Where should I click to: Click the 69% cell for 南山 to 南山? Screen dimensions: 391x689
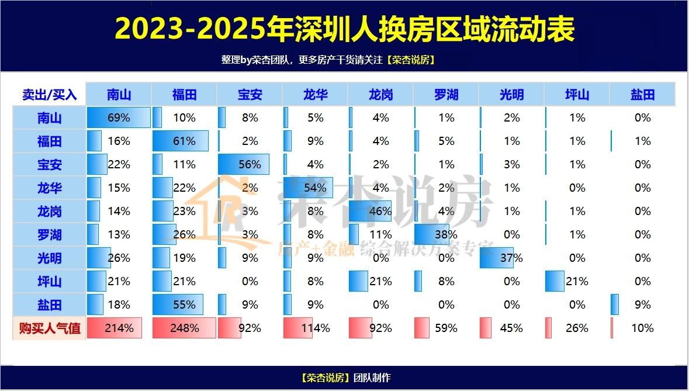click(x=119, y=117)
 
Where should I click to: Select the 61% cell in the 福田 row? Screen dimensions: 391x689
click(x=184, y=141)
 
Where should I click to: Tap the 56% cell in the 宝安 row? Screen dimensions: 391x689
click(x=250, y=164)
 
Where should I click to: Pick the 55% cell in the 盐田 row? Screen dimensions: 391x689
click(x=184, y=305)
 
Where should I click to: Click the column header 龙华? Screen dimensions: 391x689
click(x=315, y=94)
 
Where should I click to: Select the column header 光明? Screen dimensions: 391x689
click(x=511, y=94)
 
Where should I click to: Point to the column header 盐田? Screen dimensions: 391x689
click(x=642, y=94)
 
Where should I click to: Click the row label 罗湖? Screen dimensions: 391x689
click(x=49, y=234)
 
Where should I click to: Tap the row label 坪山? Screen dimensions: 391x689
click(x=49, y=281)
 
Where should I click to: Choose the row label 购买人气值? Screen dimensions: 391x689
click(x=49, y=328)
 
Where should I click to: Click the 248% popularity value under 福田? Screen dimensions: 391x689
click(x=184, y=328)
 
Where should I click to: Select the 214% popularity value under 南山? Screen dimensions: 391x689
click(x=119, y=328)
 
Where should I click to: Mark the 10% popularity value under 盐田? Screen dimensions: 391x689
click(x=642, y=328)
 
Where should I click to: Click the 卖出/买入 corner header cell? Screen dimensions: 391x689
click(x=49, y=94)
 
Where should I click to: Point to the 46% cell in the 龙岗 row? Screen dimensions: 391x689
click(x=380, y=211)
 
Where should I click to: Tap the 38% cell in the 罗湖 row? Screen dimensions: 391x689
click(x=446, y=234)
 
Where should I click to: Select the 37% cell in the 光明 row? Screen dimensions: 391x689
click(x=511, y=258)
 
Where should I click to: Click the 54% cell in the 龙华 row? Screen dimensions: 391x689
click(x=315, y=188)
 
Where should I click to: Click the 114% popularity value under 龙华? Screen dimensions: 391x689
click(x=315, y=328)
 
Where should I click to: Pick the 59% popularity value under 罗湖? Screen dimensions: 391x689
click(x=446, y=328)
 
